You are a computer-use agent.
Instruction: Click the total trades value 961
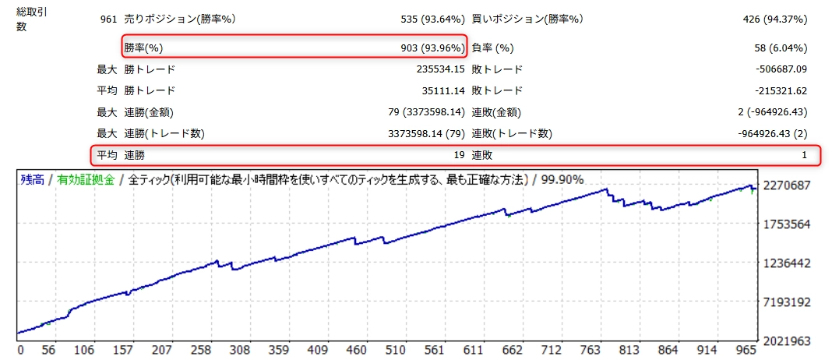pos(108,19)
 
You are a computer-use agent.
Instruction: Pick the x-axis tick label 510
pos(396,351)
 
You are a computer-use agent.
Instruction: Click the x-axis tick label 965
pos(746,351)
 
